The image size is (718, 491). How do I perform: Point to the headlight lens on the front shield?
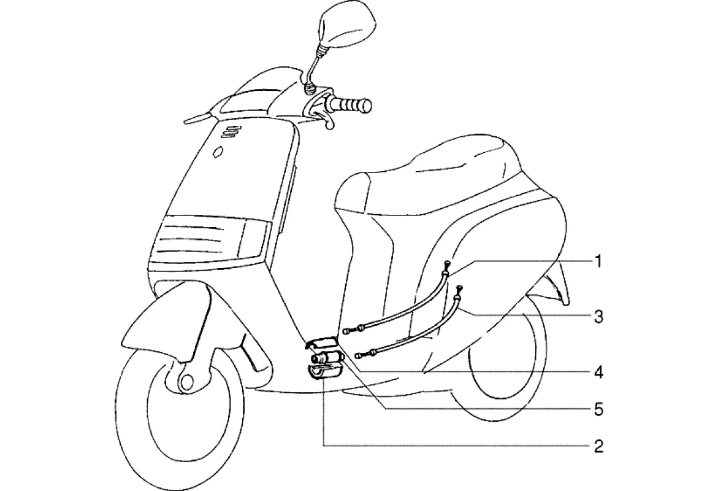point(208,239)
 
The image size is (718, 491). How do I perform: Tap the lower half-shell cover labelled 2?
point(322,372)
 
